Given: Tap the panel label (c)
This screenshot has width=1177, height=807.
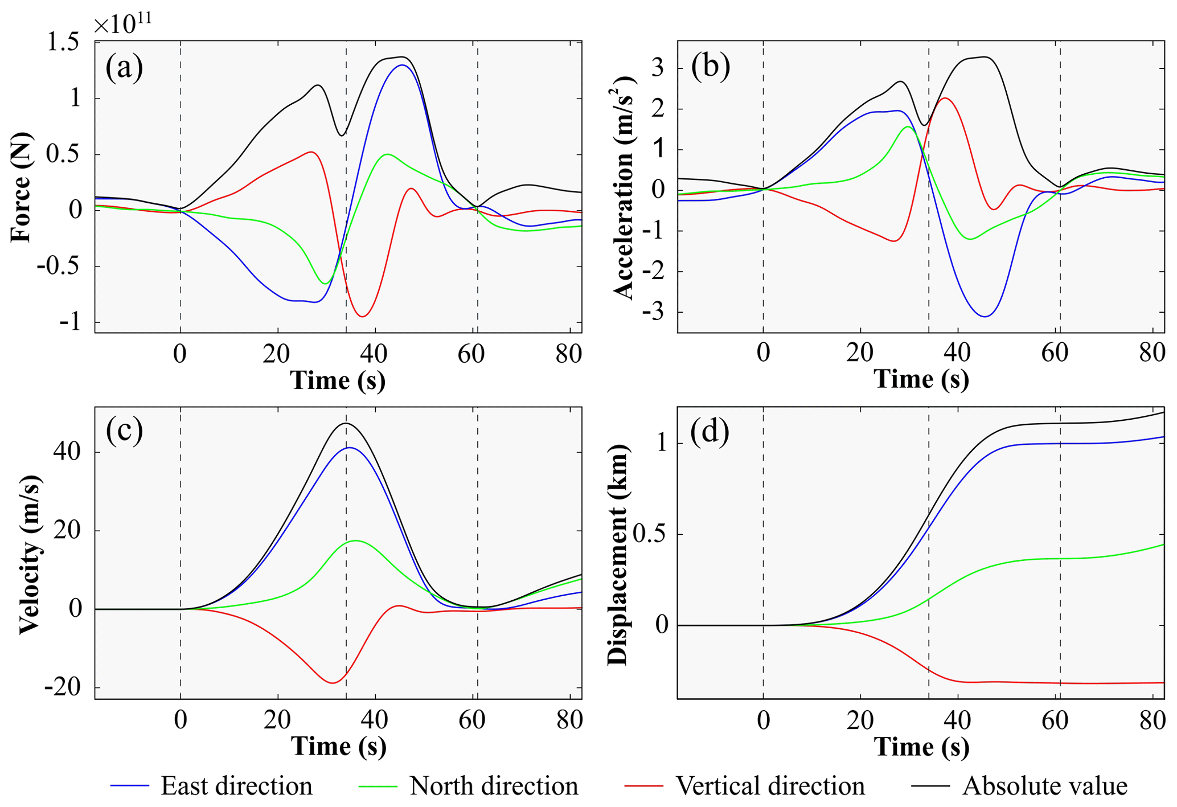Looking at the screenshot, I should [x=124, y=430].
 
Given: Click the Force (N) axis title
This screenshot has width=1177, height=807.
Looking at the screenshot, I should [x=22, y=188].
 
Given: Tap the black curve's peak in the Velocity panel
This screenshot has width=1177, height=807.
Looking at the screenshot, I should [x=346, y=423].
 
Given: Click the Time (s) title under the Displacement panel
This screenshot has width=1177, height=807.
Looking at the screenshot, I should [x=921, y=747].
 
